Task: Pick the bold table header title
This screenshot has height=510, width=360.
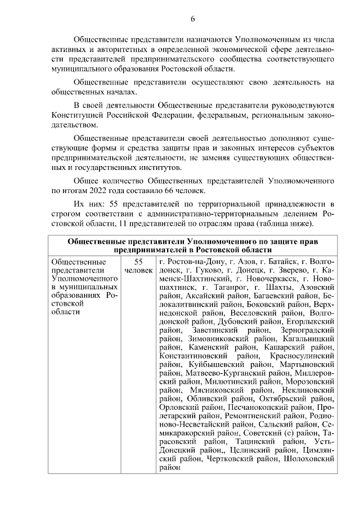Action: pyautogui.click(x=192, y=245)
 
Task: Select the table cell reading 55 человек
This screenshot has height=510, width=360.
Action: pyautogui.click(x=138, y=266)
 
